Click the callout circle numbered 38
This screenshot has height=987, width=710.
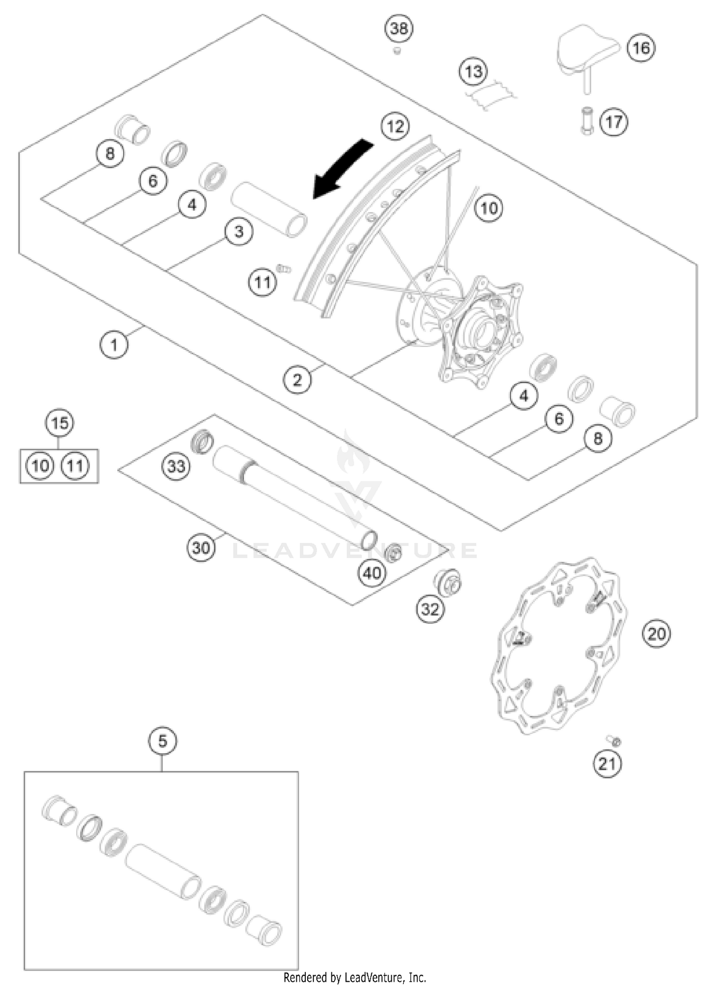(x=399, y=29)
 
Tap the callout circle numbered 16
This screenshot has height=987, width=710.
(x=641, y=48)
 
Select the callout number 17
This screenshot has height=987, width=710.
(x=613, y=122)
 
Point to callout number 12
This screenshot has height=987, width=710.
(x=395, y=126)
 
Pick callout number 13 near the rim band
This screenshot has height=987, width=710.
(x=473, y=72)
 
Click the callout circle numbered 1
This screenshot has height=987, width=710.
(x=114, y=345)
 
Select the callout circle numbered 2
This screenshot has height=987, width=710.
(x=297, y=379)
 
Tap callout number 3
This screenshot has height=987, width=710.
(x=239, y=231)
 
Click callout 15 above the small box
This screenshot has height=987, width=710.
(x=60, y=423)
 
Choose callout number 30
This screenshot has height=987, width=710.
(x=201, y=548)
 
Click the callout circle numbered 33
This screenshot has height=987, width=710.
(x=176, y=466)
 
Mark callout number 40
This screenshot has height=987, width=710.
(x=372, y=573)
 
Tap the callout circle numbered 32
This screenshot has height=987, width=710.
(x=430, y=609)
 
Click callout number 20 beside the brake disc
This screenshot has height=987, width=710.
(x=657, y=633)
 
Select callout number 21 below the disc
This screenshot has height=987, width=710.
(x=607, y=763)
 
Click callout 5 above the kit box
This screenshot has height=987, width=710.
(x=162, y=741)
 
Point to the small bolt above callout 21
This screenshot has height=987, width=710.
(x=614, y=741)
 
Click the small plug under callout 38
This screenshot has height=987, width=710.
(x=397, y=50)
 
